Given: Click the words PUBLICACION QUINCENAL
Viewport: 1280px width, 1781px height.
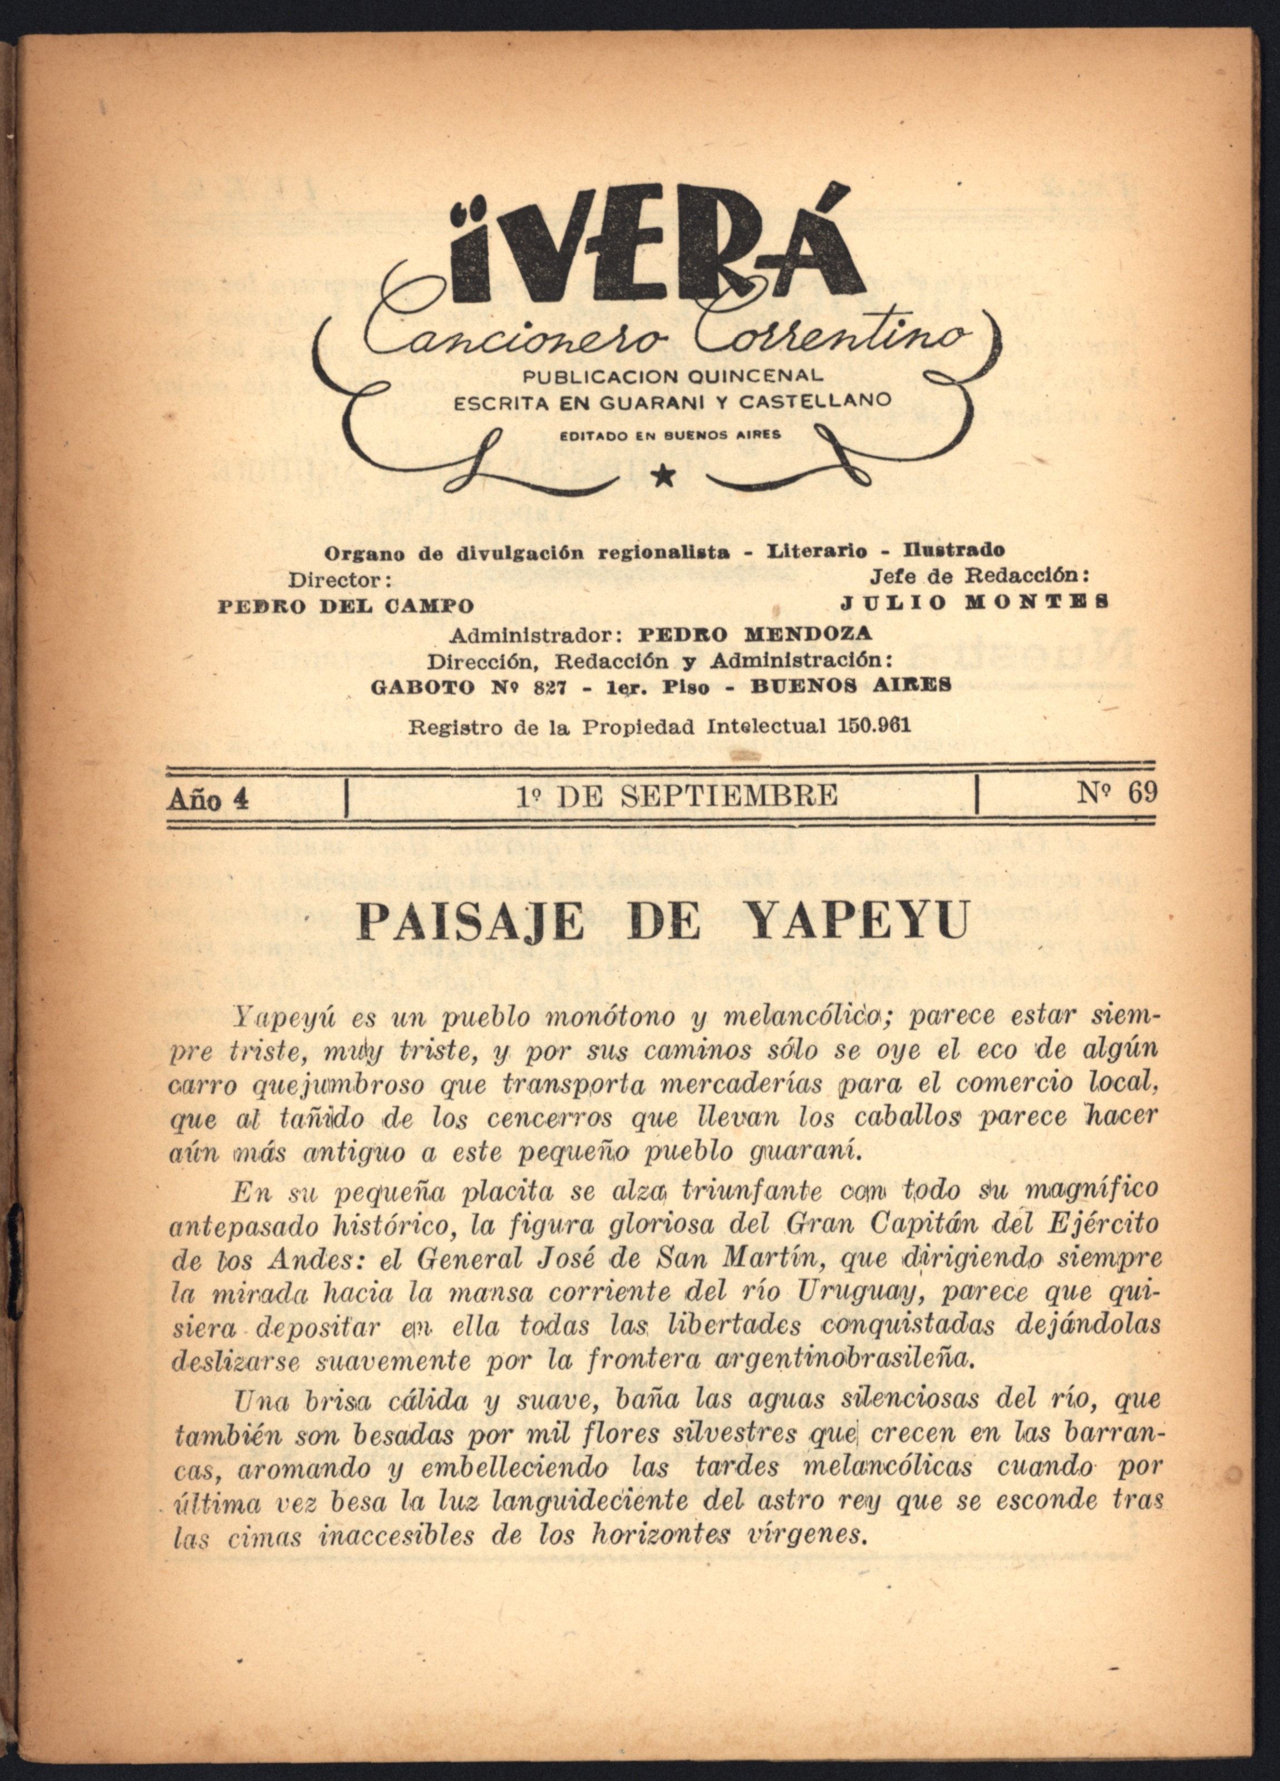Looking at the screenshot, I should pos(673,376).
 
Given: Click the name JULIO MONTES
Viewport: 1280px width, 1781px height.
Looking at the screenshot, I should pos(974,602).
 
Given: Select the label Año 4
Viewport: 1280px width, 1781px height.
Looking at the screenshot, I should pos(208,799).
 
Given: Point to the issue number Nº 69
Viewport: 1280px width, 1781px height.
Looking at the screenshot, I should pos(1117,793).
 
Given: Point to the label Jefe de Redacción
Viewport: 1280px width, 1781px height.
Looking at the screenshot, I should pos(979,575).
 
